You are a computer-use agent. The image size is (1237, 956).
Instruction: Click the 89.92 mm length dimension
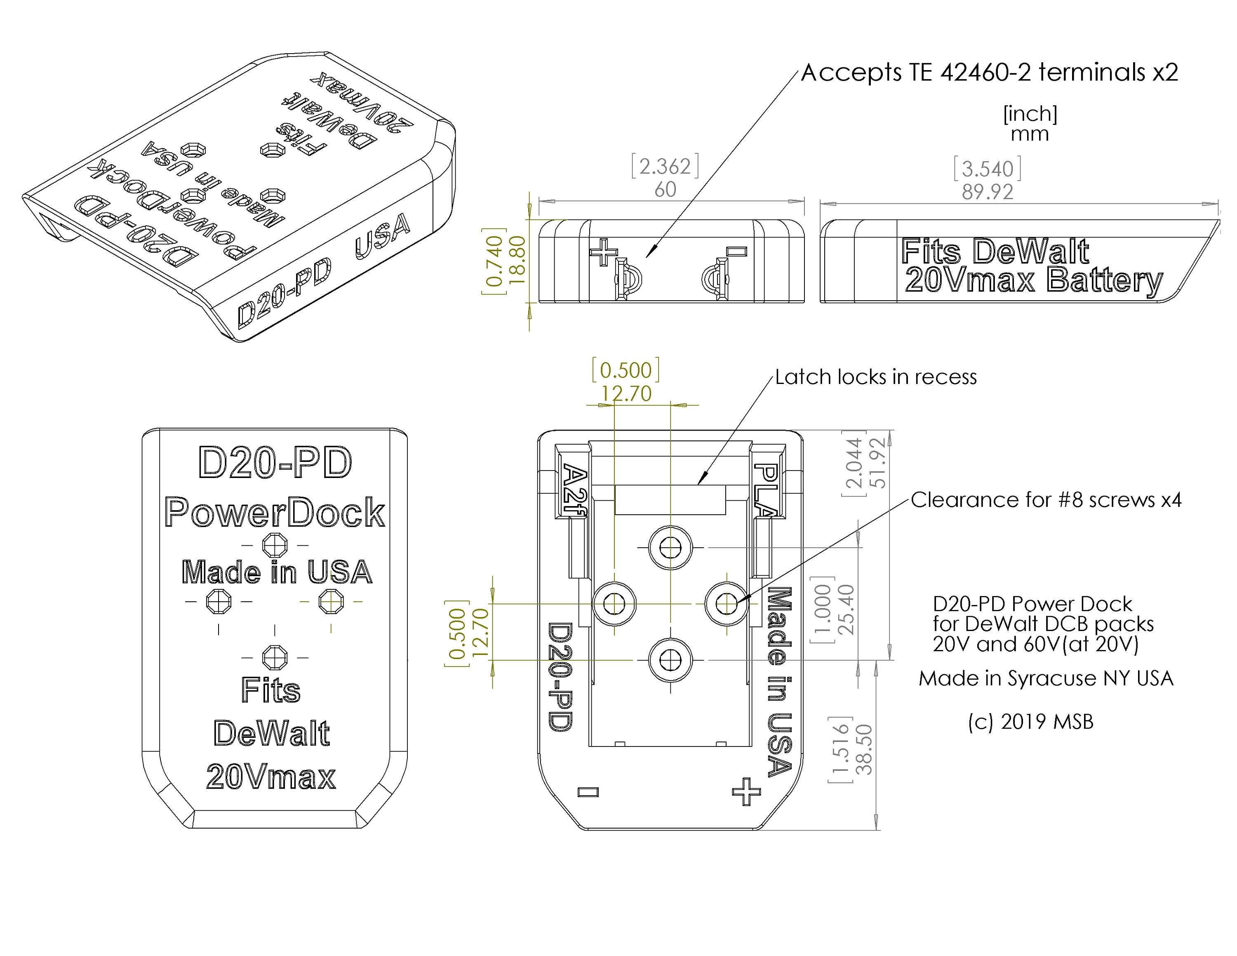coord(987,192)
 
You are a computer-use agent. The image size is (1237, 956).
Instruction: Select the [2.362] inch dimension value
coord(665,167)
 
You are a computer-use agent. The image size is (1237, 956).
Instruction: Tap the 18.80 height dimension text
coord(517,259)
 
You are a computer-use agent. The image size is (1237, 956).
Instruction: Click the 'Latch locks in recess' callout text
coord(876,377)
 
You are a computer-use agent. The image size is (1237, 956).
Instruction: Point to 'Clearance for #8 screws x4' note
coord(1046,500)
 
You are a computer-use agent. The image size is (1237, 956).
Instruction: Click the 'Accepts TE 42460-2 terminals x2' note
coord(989,73)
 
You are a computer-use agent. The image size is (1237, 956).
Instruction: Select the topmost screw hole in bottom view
coord(670,548)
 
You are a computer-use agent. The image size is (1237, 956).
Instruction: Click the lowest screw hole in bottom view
coord(670,660)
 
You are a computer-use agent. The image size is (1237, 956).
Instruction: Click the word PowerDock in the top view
coord(275,513)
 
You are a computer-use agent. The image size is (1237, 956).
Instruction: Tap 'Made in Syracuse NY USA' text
coord(1046,678)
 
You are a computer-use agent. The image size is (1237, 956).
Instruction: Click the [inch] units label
coord(1030,114)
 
